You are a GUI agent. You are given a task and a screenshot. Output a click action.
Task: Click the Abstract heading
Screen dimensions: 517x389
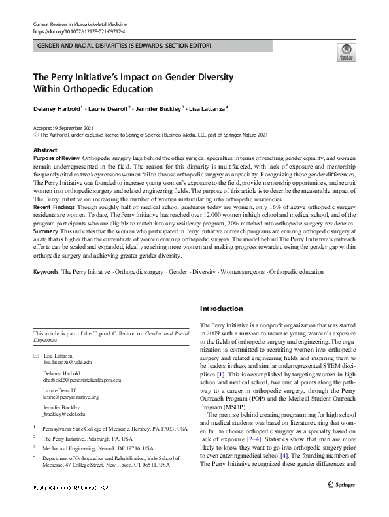pyautogui.click(x=44, y=150)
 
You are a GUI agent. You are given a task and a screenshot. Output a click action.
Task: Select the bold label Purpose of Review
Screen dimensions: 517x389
pyautogui.click(x=57, y=158)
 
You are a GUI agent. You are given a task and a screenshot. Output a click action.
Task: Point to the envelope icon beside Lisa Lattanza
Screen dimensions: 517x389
pyautogui.click(x=36, y=354)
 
